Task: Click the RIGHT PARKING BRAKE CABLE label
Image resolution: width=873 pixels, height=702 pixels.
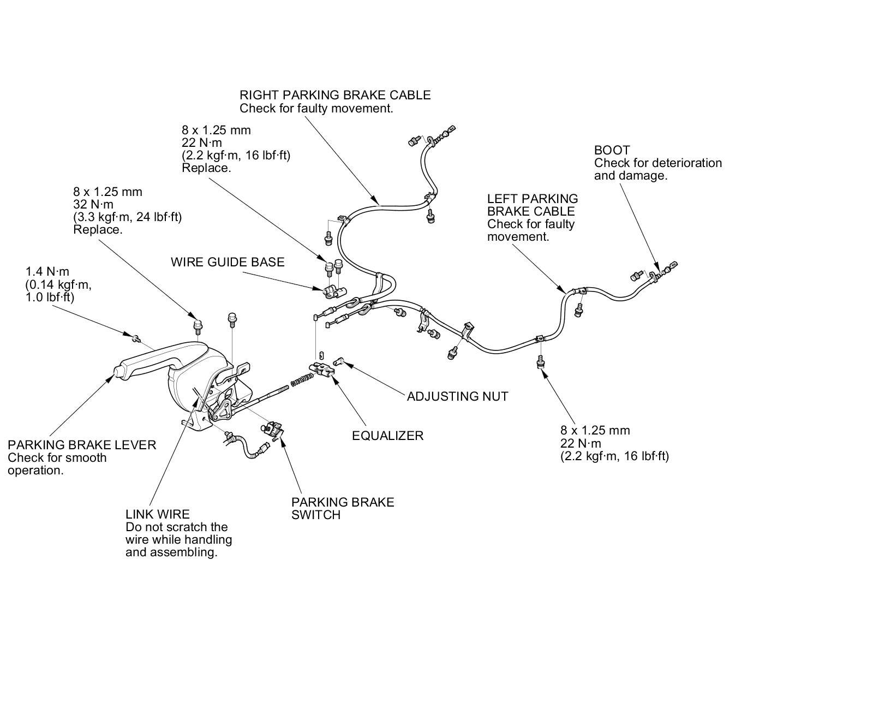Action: click(335, 95)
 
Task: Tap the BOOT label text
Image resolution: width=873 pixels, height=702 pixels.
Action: click(612, 150)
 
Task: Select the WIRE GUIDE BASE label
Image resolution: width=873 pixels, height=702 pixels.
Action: click(228, 262)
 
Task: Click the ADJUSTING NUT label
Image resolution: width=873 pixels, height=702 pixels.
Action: click(457, 396)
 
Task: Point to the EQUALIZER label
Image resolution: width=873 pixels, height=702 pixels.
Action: click(387, 436)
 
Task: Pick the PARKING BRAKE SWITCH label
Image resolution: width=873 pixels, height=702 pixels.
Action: click(342, 508)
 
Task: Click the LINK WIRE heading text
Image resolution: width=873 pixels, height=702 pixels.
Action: click(158, 514)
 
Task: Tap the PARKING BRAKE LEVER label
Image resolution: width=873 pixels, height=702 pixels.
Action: click(82, 445)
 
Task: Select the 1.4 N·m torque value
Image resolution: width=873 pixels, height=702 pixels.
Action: click(47, 271)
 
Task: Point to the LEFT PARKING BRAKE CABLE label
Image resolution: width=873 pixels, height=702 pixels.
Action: click(532, 205)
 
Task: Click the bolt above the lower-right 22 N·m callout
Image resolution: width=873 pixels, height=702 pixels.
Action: click(540, 361)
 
